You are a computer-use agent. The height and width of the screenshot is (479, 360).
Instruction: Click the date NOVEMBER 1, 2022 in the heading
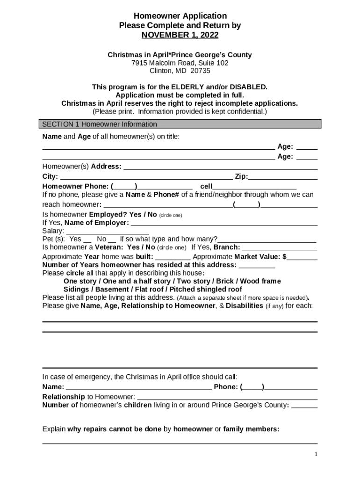pyautogui.click(x=180, y=35)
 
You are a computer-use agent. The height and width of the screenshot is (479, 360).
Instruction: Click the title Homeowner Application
pyautogui.click(x=180, y=16)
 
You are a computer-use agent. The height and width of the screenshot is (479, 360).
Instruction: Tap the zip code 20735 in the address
pyautogui.click(x=201, y=71)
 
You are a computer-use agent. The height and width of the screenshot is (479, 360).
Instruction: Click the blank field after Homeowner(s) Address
pyautogui.click(x=220, y=167)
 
